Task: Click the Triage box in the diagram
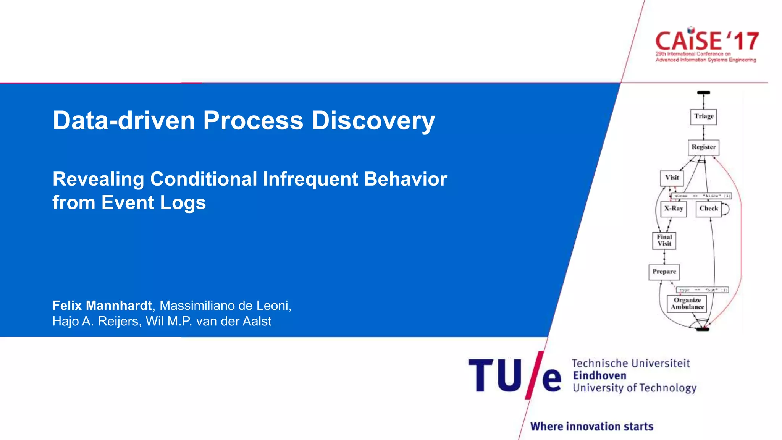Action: [x=703, y=116]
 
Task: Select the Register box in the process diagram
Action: [x=703, y=147]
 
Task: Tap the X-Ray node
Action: [x=673, y=209]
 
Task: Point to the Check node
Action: [x=708, y=209]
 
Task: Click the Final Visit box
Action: [x=664, y=241]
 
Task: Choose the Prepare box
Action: [x=664, y=272]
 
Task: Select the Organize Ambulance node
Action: [x=687, y=304]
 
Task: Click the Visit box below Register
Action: [x=672, y=178]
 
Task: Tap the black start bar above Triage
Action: [x=703, y=92]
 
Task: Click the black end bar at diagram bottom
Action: [x=702, y=329]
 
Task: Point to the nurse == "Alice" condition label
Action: [x=701, y=196]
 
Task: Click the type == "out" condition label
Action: [x=703, y=290]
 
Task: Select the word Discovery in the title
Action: [x=373, y=121]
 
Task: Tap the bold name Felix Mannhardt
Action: [x=102, y=306]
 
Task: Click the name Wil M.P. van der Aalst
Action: [x=208, y=322]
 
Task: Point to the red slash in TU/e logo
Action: [x=534, y=375]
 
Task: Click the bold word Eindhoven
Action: [x=599, y=375]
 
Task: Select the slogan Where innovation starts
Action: [x=591, y=426]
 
